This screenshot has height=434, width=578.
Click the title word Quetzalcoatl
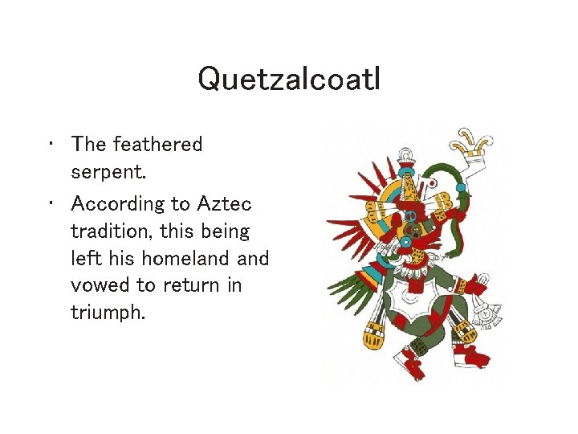289,79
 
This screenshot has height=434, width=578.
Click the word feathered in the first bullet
158,145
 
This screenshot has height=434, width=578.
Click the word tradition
113,232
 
